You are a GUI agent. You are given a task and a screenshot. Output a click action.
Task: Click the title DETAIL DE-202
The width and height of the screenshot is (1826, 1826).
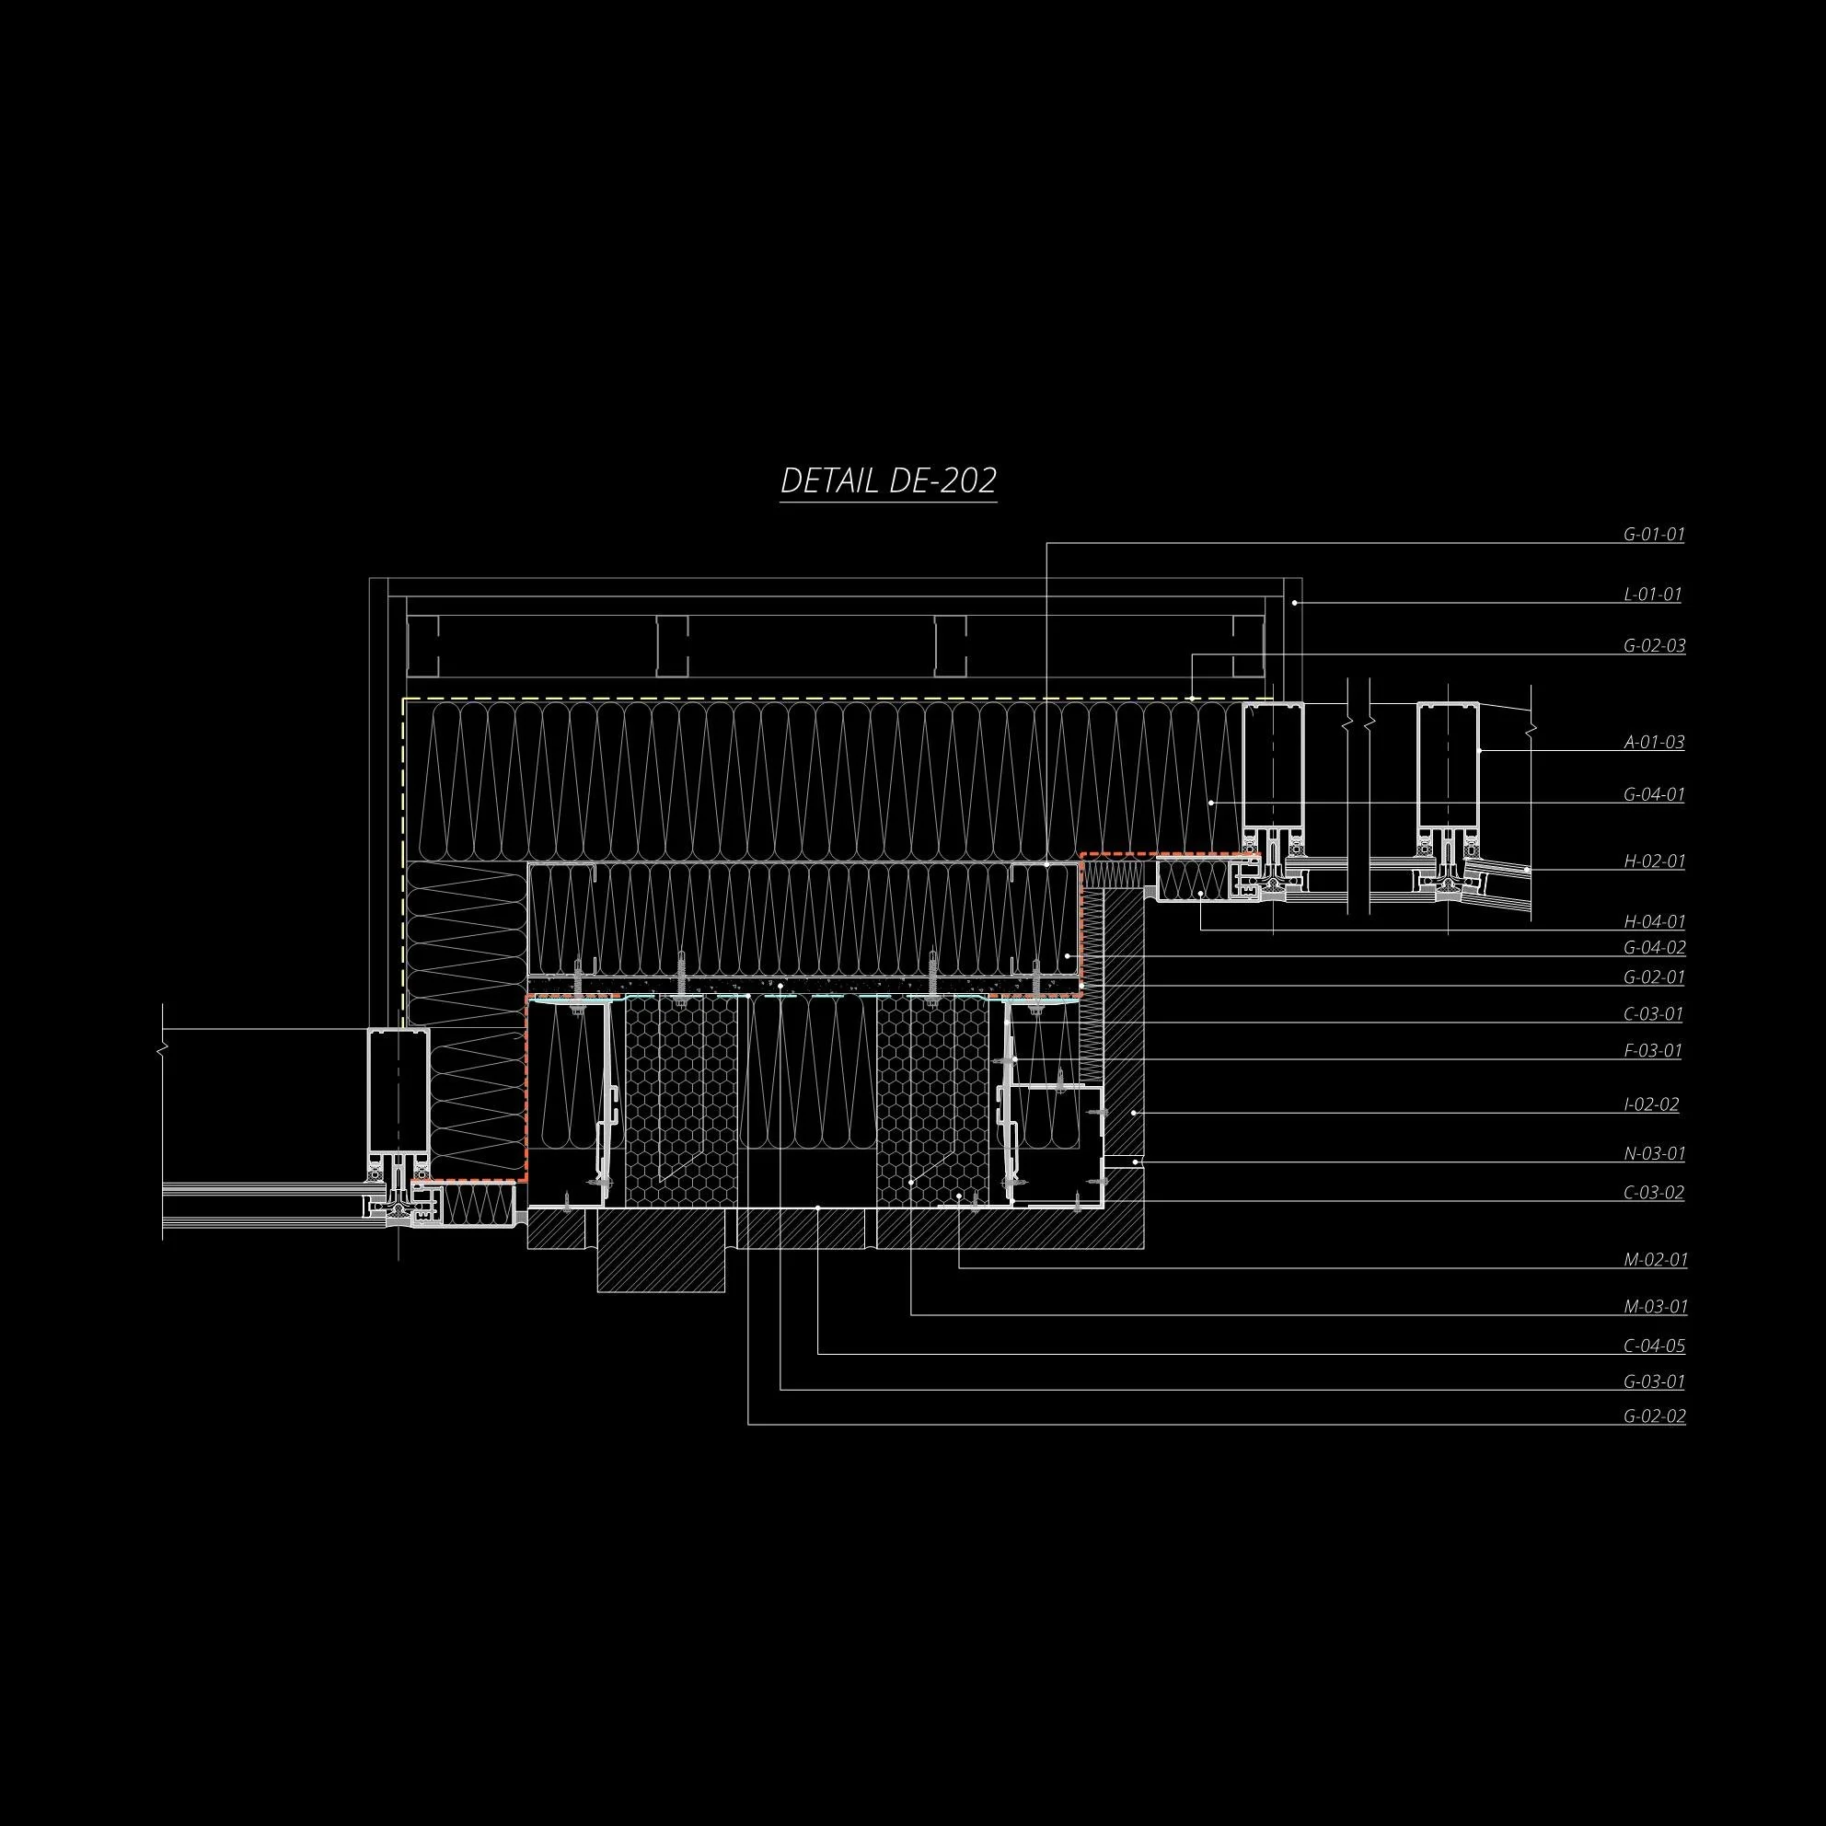point(888,481)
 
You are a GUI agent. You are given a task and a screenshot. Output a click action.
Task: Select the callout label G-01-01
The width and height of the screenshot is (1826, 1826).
point(1654,534)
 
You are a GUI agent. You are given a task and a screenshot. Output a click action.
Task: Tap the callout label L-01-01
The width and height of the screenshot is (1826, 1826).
point(1652,595)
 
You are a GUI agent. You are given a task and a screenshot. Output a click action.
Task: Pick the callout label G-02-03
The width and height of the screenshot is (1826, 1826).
point(1654,645)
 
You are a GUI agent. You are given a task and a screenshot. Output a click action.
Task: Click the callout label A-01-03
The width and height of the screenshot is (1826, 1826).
point(1654,742)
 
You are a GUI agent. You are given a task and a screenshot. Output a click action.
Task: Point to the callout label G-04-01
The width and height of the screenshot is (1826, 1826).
point(1654,794)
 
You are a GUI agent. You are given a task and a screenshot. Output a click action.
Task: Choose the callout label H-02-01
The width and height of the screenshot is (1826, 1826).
point(1654,861)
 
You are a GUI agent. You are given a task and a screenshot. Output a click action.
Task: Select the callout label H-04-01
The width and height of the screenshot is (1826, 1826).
point(1654,920)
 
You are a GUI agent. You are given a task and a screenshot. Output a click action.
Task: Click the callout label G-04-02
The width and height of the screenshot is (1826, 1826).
point(1654,947)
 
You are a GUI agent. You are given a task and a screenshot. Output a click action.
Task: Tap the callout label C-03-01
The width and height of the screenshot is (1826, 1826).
point(1654,1014)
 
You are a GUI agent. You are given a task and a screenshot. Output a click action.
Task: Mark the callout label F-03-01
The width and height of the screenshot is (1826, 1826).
point(1652,1050)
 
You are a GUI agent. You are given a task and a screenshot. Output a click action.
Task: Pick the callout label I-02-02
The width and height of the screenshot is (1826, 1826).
point(1651,1104)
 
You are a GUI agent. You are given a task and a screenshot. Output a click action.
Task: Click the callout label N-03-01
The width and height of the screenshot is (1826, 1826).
point(1654,1153)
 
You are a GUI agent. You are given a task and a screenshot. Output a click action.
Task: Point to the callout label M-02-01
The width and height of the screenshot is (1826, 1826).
point(1654,1259)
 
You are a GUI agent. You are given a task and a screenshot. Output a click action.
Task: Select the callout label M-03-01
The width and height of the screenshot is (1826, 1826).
point(1654,1306)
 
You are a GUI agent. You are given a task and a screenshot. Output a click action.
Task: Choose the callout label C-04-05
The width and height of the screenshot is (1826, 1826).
point(1654,1346)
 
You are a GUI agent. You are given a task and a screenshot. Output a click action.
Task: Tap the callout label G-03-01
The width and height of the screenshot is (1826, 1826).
point(1654,1381)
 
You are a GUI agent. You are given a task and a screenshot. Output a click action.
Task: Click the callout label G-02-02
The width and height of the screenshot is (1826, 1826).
point(1654,1416)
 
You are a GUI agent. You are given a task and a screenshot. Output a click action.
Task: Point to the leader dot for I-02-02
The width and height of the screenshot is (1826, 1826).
point(1134,1113)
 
